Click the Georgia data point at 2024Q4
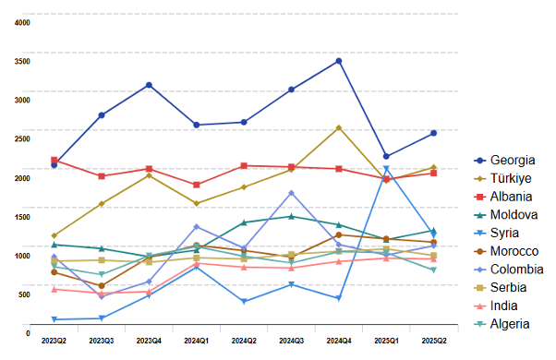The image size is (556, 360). point(339,61)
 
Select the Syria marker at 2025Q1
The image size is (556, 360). point(386,169)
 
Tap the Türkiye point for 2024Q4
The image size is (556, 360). point(339,127)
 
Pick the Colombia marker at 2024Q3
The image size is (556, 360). point(291,193)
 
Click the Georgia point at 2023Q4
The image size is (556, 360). point(149,85)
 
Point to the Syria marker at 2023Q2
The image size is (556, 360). point(54,319)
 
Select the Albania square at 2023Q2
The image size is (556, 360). point(54,161)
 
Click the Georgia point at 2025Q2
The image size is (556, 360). point(433,133)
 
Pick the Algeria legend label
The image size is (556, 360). point(509,323)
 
